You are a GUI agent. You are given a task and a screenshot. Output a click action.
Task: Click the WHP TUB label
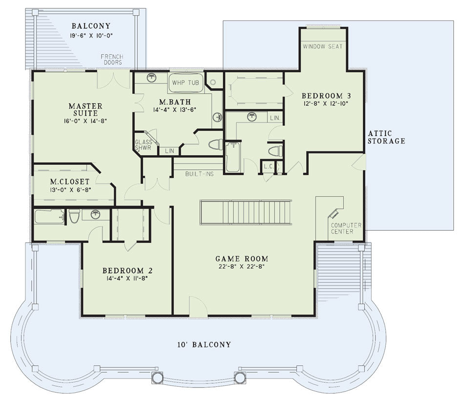186,83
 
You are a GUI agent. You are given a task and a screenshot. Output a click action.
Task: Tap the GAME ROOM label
242,259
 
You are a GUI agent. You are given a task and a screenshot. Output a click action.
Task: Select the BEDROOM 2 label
127,271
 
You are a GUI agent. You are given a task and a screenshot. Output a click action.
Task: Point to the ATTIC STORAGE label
386,137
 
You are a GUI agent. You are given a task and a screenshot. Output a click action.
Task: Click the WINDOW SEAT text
322,46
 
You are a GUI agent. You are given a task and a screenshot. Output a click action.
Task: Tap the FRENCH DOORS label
112,60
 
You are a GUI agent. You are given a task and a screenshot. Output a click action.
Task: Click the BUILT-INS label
199,174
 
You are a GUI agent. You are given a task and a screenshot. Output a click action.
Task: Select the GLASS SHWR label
144,145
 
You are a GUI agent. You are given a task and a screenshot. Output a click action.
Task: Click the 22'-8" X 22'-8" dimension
242,266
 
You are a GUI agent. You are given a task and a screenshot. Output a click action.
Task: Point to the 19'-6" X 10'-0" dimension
91,36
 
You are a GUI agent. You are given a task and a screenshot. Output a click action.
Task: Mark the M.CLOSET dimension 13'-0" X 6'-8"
70,190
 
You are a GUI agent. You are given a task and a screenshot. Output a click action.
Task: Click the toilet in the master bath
216,144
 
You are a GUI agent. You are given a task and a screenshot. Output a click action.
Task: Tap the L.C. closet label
269,167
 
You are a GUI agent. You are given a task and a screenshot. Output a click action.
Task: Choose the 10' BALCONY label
204,344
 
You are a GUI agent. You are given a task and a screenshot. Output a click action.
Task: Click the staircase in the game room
246,213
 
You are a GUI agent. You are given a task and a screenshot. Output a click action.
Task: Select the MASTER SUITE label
85,110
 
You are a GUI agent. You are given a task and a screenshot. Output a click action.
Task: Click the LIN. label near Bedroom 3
275,118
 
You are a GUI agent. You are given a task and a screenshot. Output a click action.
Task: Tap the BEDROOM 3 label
326,96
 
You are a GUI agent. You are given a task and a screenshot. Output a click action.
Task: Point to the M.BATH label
175,102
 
